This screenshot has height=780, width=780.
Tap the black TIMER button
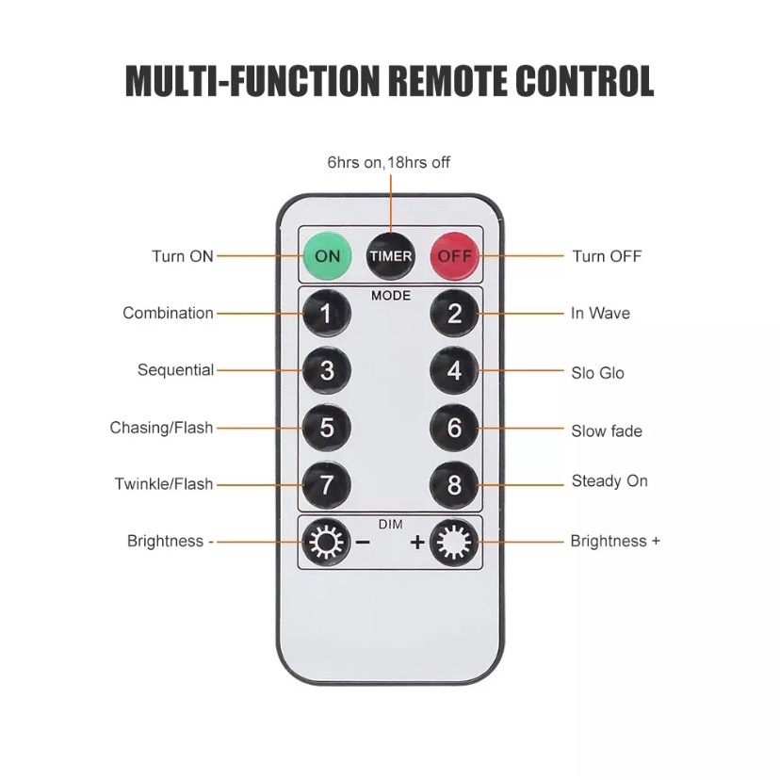click(x=390, y=255)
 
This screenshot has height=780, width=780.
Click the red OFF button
click(x=454, y=255)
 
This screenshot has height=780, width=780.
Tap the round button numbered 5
click(x=327, y=428)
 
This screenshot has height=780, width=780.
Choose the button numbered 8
click(x=454, y=485)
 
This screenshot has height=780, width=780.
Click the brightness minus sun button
click(x=327, y=543)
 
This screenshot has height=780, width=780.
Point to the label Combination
click(x=168, y=313)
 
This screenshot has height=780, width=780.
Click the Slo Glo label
click(x=597, y=373)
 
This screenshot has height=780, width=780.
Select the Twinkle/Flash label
click(x=164, y=484)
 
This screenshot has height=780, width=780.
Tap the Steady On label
click(x=609, y=481)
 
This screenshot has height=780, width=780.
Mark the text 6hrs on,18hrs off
click(x=388, y=162)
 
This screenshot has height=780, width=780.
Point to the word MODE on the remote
click(x=390, y=295)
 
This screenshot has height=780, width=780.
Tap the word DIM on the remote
click(x=390, y=523)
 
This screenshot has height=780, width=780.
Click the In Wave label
click(x=600, y=313)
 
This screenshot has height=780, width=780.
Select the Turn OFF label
click(x=607, y=256)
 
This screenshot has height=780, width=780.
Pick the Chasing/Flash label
click(x=161, y=428)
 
